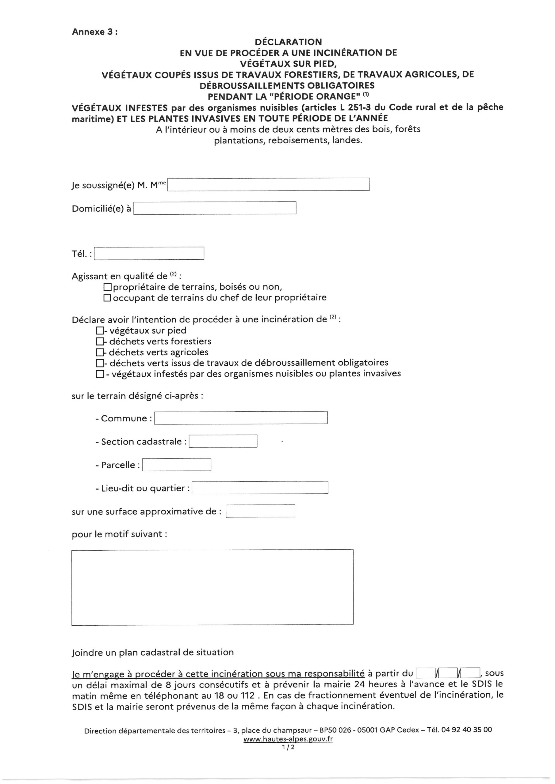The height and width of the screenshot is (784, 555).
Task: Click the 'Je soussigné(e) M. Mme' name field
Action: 268,184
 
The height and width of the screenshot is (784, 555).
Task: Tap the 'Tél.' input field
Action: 149,253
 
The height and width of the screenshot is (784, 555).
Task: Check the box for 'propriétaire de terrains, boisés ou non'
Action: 107,287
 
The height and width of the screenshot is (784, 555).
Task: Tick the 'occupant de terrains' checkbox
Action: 107,298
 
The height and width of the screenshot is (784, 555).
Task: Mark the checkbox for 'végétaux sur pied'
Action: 100,330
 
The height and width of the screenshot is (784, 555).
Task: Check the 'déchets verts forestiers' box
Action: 100,341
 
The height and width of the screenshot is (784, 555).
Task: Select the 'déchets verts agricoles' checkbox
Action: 100,352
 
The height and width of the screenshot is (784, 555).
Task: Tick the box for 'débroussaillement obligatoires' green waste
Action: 100,363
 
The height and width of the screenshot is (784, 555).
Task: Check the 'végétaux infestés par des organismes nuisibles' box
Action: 100,374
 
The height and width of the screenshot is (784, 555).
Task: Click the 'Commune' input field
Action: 241,418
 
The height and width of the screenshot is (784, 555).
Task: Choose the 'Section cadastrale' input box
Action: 223,441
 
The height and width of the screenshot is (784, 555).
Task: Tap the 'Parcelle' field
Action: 176,464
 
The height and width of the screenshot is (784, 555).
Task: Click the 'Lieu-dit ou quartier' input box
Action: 260,488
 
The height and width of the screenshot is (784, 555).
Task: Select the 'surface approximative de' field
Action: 260,511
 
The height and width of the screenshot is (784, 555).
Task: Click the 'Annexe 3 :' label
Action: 95,32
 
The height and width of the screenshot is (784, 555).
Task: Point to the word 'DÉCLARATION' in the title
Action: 288,42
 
